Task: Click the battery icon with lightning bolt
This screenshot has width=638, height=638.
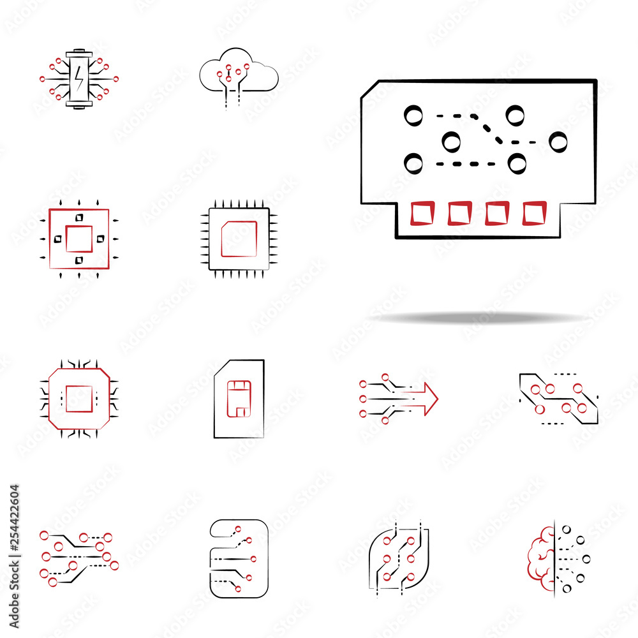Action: [x=79, y=78]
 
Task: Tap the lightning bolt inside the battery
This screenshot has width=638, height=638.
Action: [x=79, y=78]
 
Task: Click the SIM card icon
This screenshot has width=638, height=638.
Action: [x=239, y=399]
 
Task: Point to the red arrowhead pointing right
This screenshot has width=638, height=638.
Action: [x=431, y=399]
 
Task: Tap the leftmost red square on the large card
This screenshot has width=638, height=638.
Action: [x=422, y=213]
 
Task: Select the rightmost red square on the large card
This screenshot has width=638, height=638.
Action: [x=534, y=213]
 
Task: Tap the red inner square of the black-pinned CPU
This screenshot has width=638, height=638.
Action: [x=239, y=239]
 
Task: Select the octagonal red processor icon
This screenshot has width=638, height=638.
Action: [x=79, y=399]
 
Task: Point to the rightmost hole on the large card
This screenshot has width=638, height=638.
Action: [x=558, y=142]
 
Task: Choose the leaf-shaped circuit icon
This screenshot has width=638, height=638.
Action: [x=398, y=559]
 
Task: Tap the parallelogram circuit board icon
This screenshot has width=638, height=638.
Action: [x=559, y=399]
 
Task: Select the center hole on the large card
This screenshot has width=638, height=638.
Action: [x=451, y=142]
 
